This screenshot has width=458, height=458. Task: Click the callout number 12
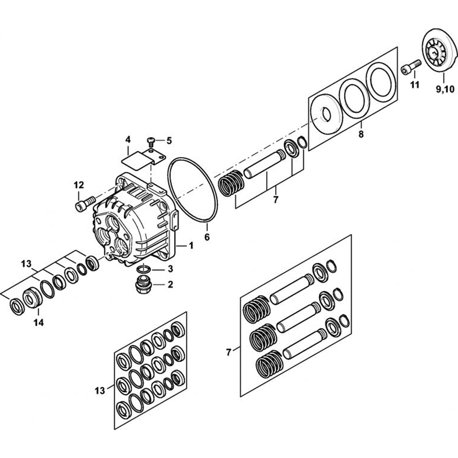pos(79,185)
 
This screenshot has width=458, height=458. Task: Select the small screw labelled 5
pos(151,142)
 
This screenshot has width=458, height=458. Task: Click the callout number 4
pos(128,140)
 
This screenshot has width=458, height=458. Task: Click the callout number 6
pos(207,237)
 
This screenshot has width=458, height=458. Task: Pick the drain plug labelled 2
pos(143,285)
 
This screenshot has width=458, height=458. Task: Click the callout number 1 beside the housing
pos(191,245)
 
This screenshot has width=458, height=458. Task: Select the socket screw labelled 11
pos(411,66)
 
